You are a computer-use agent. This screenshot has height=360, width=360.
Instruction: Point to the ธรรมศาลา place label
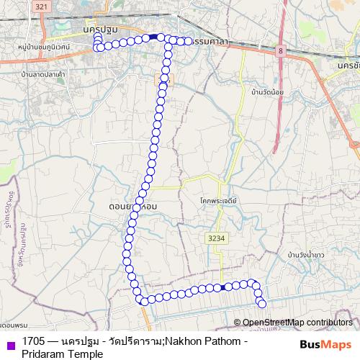[210, 42]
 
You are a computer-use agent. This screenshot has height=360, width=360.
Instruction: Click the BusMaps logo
[325, 345]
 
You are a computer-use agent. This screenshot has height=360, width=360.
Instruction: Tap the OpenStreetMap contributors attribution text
[297, 322]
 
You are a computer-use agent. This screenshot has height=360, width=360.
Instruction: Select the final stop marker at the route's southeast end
[262, 303]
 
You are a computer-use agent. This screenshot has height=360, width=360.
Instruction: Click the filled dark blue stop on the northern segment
[153, 37]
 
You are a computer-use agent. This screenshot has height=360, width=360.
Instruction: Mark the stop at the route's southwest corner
[144, 300]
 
